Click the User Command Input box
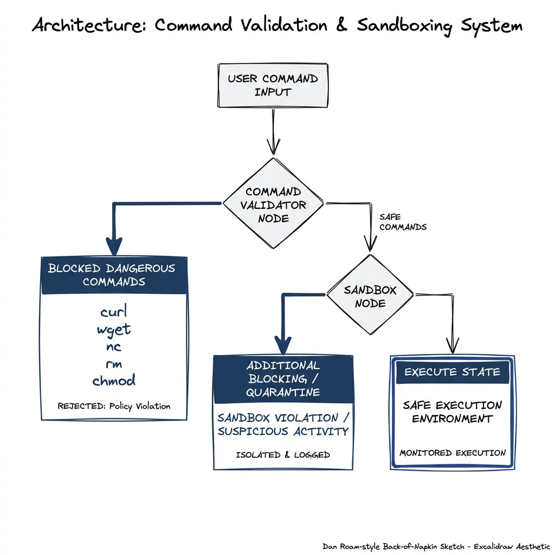(x=272, y=85)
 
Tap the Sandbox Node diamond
(x=370, y=296)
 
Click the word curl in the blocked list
(x=113, y=312)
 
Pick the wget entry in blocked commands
(x=113, y=329)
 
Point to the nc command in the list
(x=113, y=347)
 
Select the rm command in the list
(x=113, y=364)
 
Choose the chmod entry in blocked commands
(x=113, y=380)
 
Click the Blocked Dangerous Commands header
(x=113, y=275)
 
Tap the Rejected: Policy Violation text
(x=113, y=406)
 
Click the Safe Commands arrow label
(x=402, y=222)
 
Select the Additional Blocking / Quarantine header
(x=283, y=378)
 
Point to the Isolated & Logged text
(x=283, y=455)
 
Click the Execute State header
(x=452, y=372)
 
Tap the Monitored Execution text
(x=452, y=453)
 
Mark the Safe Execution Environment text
(x=452, y=412)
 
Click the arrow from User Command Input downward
(x=273, y=130)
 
